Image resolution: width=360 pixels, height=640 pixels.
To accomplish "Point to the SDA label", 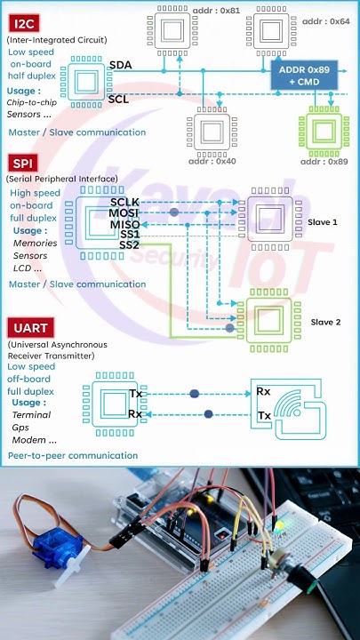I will coord(120,66).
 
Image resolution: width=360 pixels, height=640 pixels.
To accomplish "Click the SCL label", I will coord(118,99).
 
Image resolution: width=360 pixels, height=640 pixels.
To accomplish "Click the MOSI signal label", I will coord(124,214).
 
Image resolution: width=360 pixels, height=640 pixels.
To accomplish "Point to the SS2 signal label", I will coord(129,244).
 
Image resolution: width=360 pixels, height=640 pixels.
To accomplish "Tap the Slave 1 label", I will coord(323,221).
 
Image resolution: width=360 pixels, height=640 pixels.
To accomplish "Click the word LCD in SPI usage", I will coord(23,268).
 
